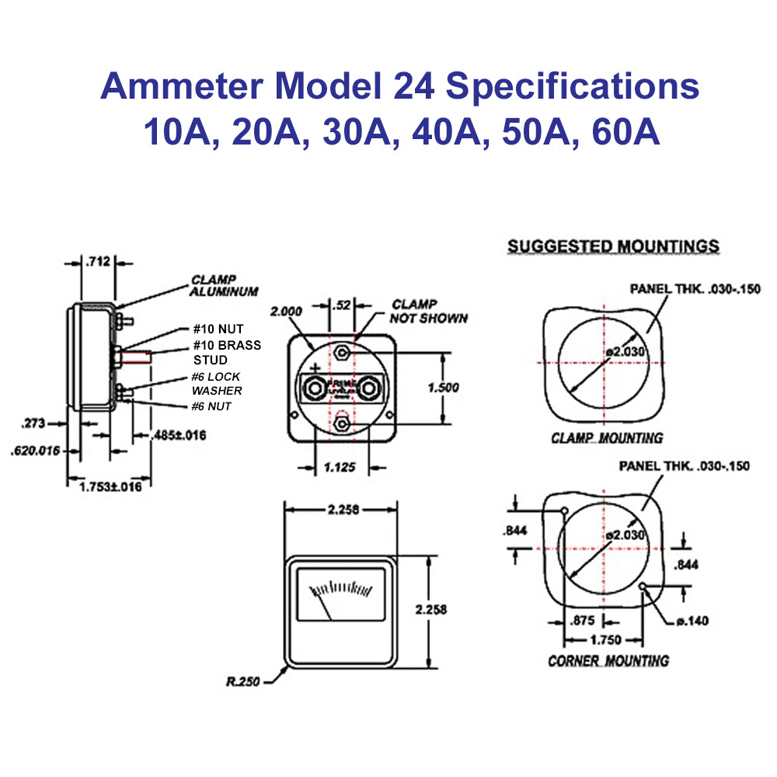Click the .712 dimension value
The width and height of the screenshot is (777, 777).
click(99, 261)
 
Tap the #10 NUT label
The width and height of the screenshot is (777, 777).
click(220, 329)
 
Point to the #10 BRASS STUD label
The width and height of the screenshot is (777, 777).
click(227, 353)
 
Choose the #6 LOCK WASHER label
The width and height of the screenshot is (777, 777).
click(218, 384)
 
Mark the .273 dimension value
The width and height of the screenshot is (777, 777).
click(34, 423)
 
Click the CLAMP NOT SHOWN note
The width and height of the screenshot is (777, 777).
click(430, 311)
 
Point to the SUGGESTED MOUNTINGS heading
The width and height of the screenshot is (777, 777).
click(613, 246)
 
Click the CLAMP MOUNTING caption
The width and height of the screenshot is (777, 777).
click(607, 438)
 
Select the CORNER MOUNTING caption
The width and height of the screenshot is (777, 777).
click(608, 660)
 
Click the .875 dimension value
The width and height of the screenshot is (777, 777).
click(583, 620)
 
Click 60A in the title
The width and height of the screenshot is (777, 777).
click(625, 132)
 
